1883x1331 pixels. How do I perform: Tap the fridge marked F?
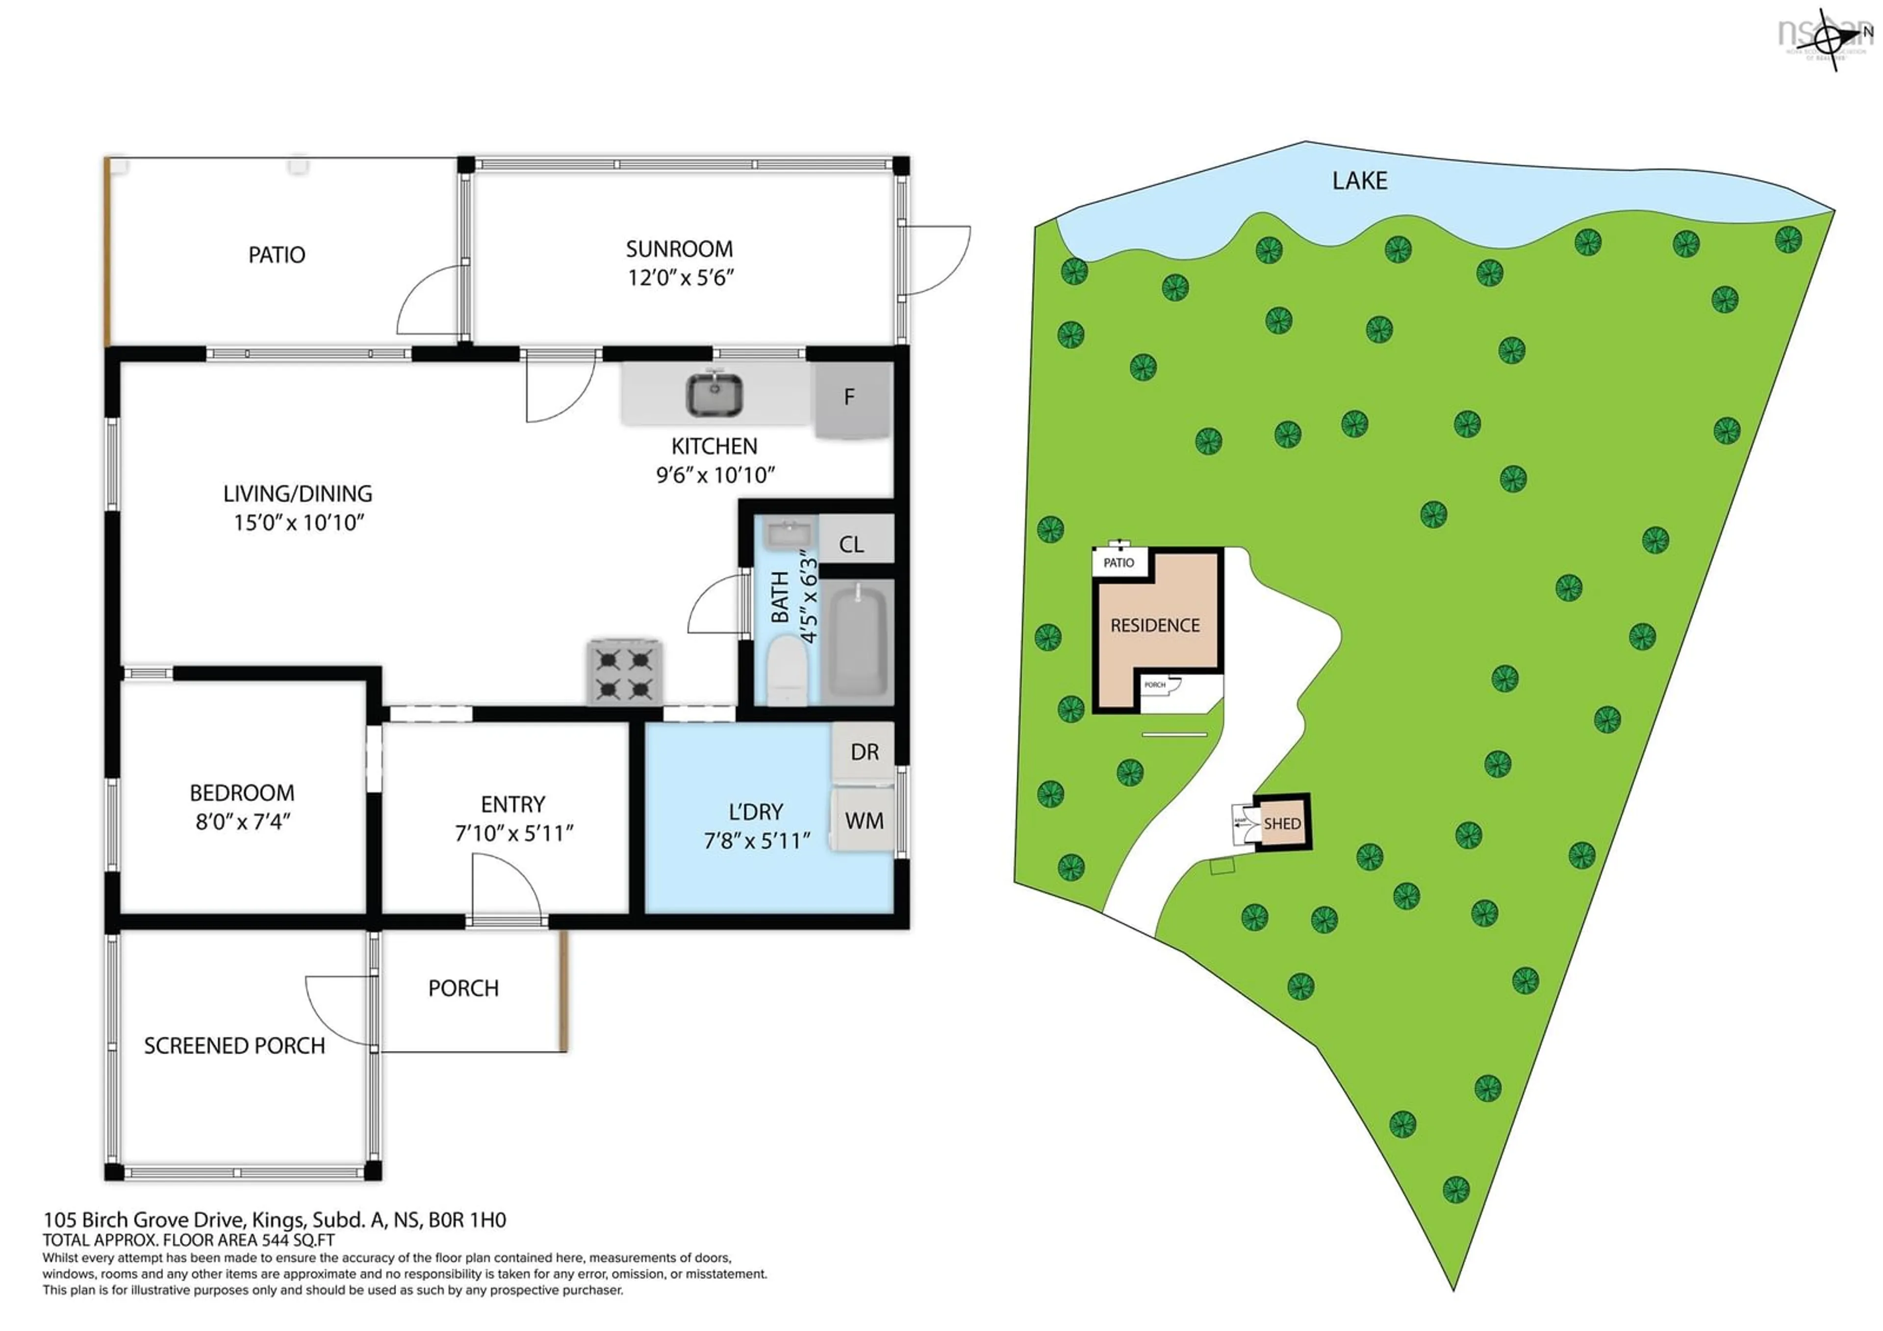click(851, 399)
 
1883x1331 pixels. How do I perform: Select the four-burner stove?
click(624, 672)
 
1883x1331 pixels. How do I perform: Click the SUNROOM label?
click(679, 249)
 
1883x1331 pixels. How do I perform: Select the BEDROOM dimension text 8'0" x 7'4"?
click(243, 822)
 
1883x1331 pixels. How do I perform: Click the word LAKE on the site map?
click(1359, 180)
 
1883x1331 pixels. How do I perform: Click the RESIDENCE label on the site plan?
click(1155, 626)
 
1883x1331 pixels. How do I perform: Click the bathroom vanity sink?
click(788, 534)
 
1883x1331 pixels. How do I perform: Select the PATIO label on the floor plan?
click(277, 255)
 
